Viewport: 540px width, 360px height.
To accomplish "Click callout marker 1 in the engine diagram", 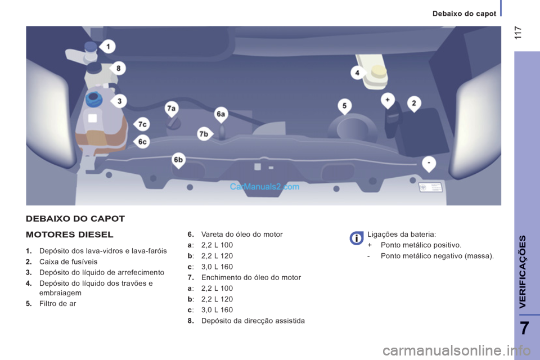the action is (107, 47).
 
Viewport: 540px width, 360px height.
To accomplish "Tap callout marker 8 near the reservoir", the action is (118, 68).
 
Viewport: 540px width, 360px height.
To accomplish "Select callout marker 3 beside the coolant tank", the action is (119, 101).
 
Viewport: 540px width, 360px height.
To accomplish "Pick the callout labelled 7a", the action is (172, 109).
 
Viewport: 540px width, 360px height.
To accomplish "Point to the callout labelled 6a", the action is (221, 115).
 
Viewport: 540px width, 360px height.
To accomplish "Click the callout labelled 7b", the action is (205, 134).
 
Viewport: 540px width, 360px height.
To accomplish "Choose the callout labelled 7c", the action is (142, 124).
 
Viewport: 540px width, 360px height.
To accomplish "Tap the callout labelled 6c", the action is (142, 142).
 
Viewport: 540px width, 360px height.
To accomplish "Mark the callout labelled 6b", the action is (178, 160).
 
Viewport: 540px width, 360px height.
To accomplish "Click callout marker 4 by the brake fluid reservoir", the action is (358, 73).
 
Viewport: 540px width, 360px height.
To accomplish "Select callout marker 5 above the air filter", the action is (345, 106).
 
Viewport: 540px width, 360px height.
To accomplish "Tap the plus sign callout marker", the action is (388, 101).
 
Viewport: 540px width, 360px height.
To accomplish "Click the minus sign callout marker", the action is (429, 164).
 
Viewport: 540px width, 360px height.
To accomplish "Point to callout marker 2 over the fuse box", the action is (414, 104).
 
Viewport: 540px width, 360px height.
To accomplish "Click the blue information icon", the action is (357, 238).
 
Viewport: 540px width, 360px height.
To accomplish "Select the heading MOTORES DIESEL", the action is (70, 235).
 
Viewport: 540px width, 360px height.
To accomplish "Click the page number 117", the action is (518, 33).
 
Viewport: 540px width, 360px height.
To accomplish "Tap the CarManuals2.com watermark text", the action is (264, 187).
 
